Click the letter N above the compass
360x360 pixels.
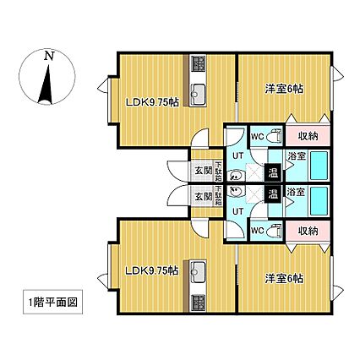(x=49, y=56)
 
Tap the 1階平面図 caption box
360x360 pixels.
(x=52, y=302)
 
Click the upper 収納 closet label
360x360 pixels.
(x=308, y=136)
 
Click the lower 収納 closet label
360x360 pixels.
(x=308, y=230)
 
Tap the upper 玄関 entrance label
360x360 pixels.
(x=203, y=169)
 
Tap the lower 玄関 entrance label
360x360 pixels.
(x=203, y=196)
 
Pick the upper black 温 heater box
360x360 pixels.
(x=273, y=173)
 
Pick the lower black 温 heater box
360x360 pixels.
(x=273, y=194)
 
